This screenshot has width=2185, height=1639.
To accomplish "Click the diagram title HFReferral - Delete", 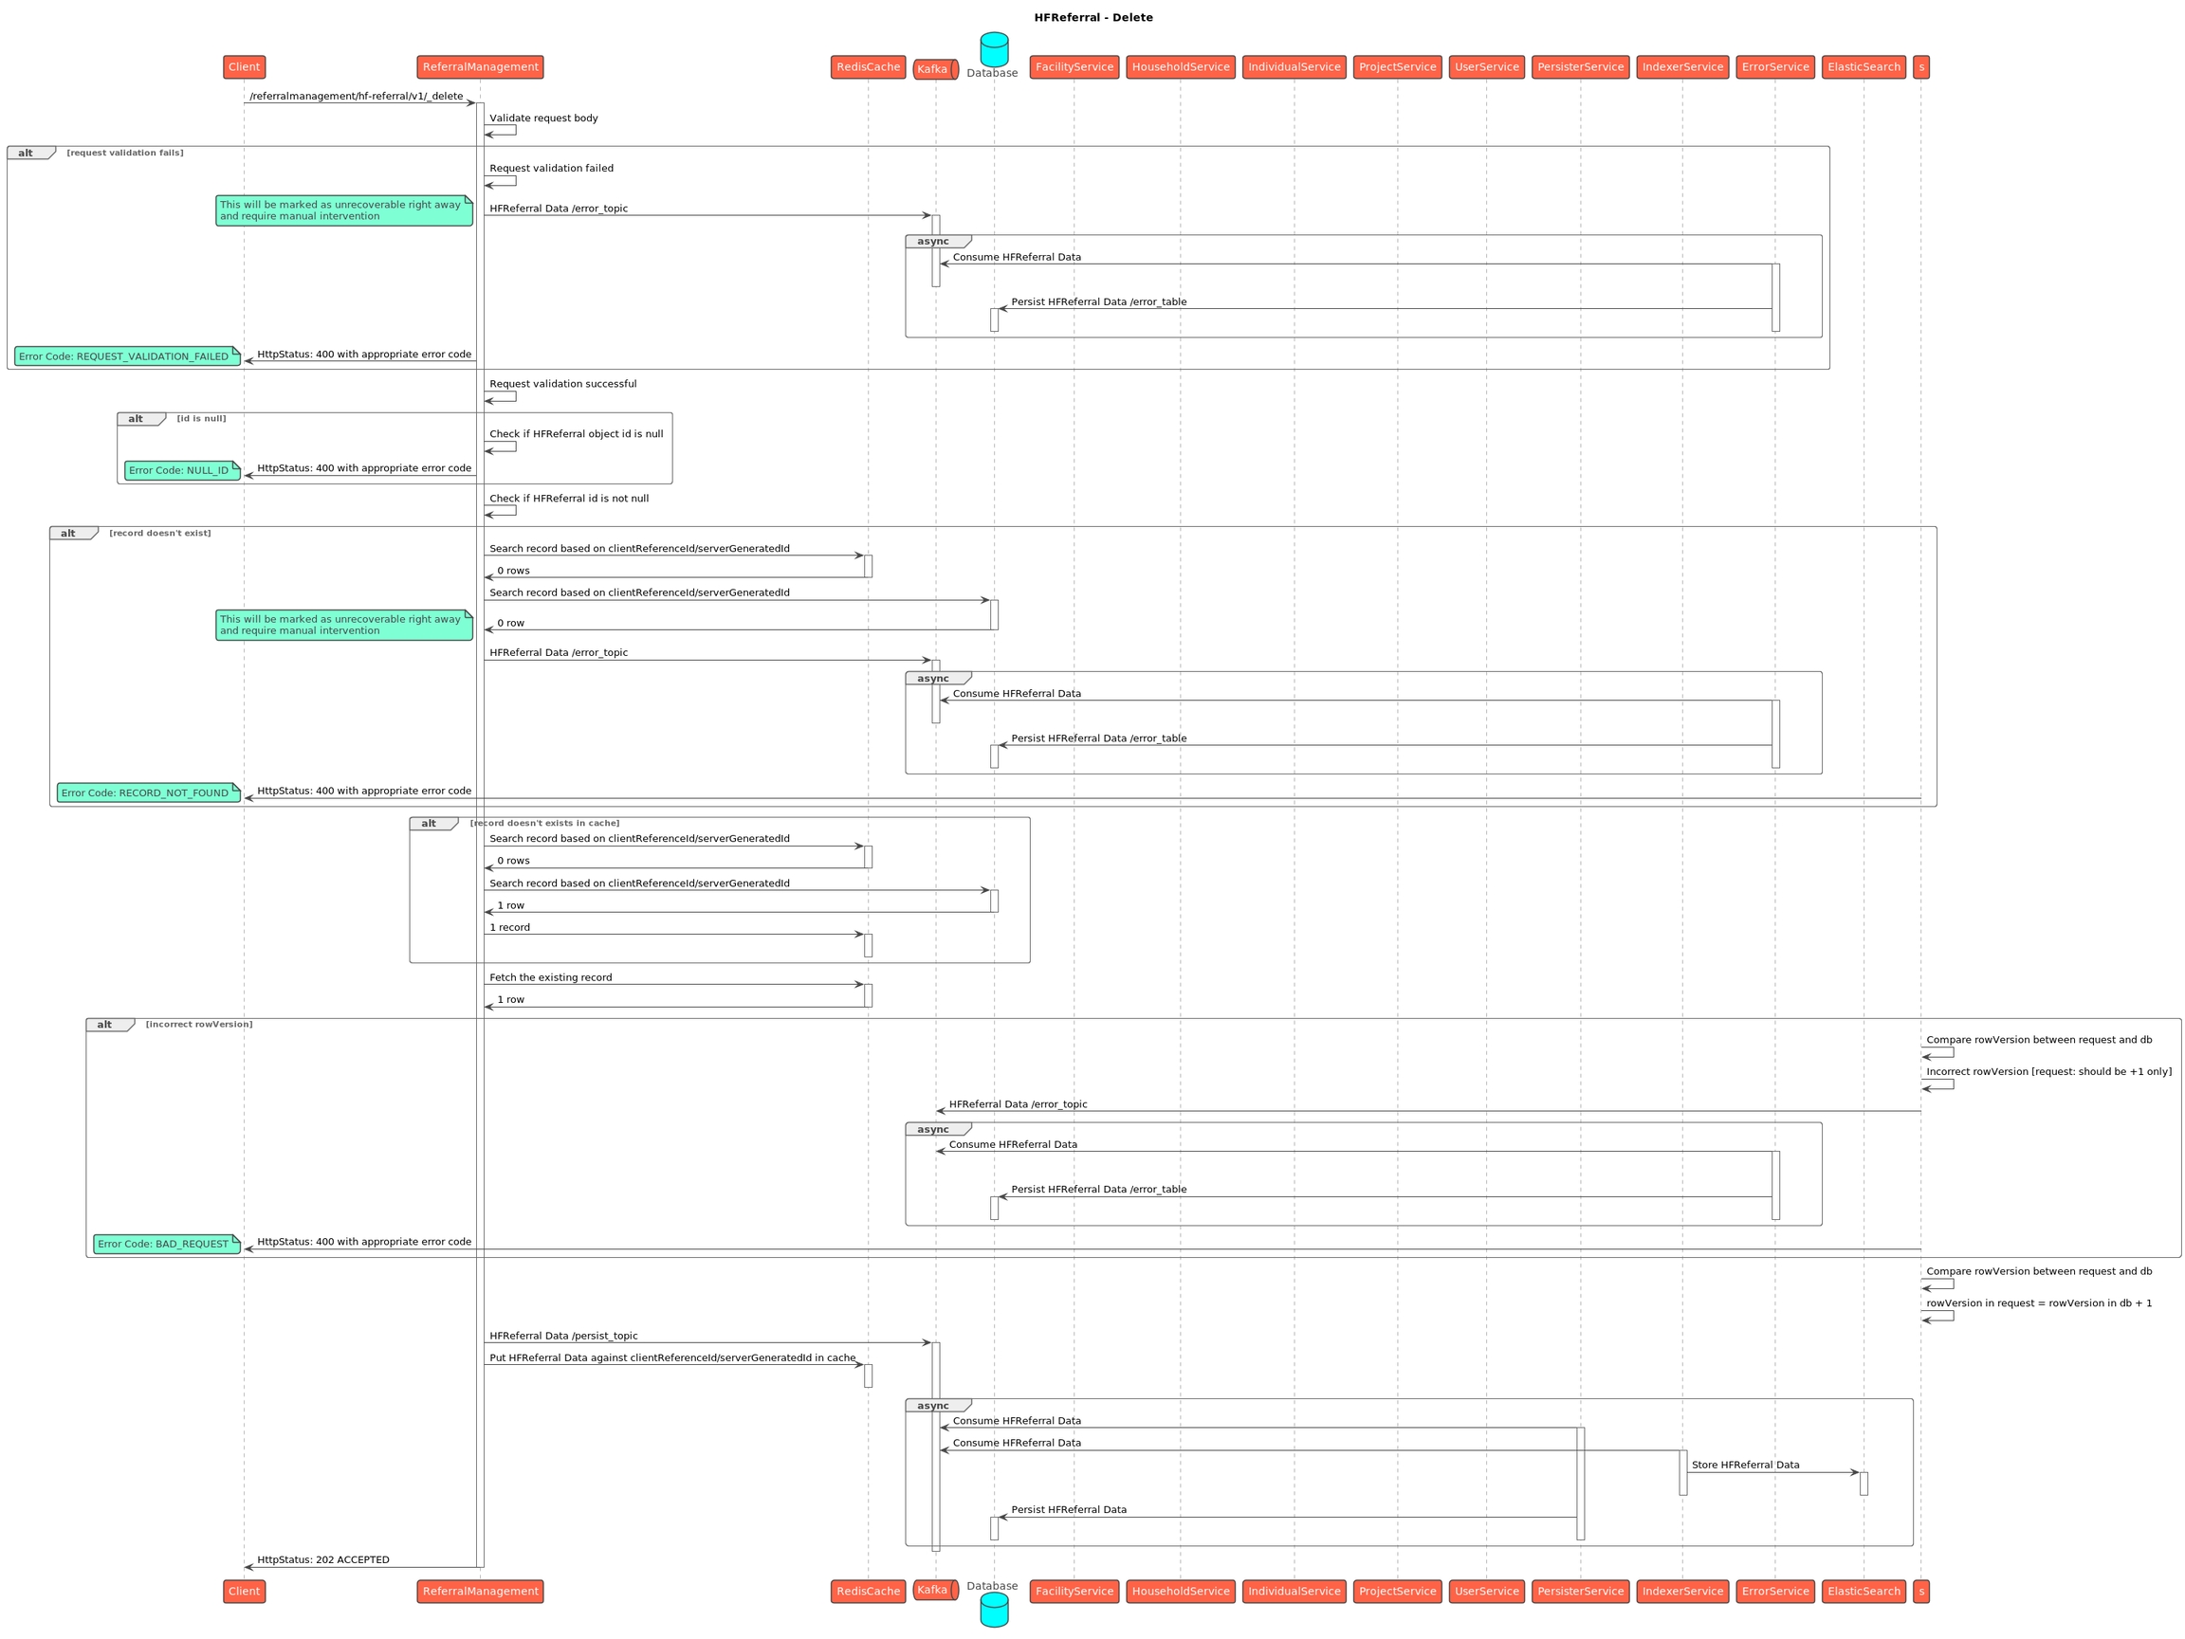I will (x=1092, y=18).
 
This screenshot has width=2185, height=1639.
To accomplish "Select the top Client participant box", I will (x=244, y=67).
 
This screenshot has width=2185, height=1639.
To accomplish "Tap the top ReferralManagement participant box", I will (x=480, y=67).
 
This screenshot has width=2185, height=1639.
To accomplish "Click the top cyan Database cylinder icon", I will (x=994, y=48).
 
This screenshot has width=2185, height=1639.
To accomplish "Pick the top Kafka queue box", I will (x=934, y=69).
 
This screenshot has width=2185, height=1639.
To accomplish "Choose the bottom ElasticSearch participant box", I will (x=1863, y=1591).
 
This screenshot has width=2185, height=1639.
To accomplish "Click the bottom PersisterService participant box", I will (x=1580, y=1591).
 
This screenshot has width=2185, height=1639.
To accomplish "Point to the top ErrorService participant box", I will (x=1775, y=67).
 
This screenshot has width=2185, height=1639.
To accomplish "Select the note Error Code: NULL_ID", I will (x=182, y=470).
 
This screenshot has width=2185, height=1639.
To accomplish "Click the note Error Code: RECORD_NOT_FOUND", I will (x=148, y=792).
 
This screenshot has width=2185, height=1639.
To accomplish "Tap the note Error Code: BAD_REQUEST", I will (x=166, y=1244).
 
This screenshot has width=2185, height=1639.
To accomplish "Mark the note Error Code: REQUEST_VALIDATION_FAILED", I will (x=126, y=356).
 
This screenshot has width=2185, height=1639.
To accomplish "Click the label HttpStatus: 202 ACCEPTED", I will (x=323, y=1560).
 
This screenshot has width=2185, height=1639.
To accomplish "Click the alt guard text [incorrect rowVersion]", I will (x=198, y=1025).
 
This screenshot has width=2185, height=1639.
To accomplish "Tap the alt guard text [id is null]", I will (x=201, y=419).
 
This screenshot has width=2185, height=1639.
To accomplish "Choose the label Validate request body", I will (x=543, y=118).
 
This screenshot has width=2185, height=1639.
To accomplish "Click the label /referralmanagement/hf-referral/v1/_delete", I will (x=356, y=97).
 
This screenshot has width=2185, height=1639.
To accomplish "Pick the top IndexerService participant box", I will (x=1682, y=67).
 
